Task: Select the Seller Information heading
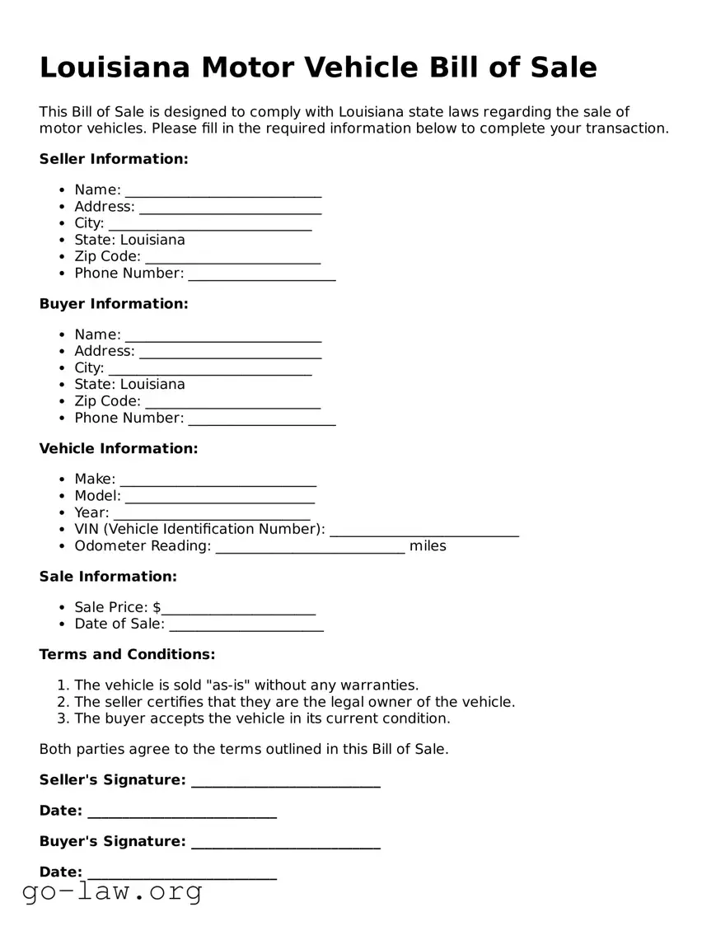114,159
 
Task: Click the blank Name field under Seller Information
222,191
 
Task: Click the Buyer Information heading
114,304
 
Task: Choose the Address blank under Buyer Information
230,353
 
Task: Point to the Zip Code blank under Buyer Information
232,402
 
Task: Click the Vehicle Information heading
119,449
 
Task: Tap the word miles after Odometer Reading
428,546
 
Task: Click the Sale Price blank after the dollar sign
238,609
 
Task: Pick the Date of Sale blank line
246,625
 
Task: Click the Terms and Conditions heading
127,655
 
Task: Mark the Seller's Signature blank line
285,781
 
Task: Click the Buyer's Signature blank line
285,843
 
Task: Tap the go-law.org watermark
112,891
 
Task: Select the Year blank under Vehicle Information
211,514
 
